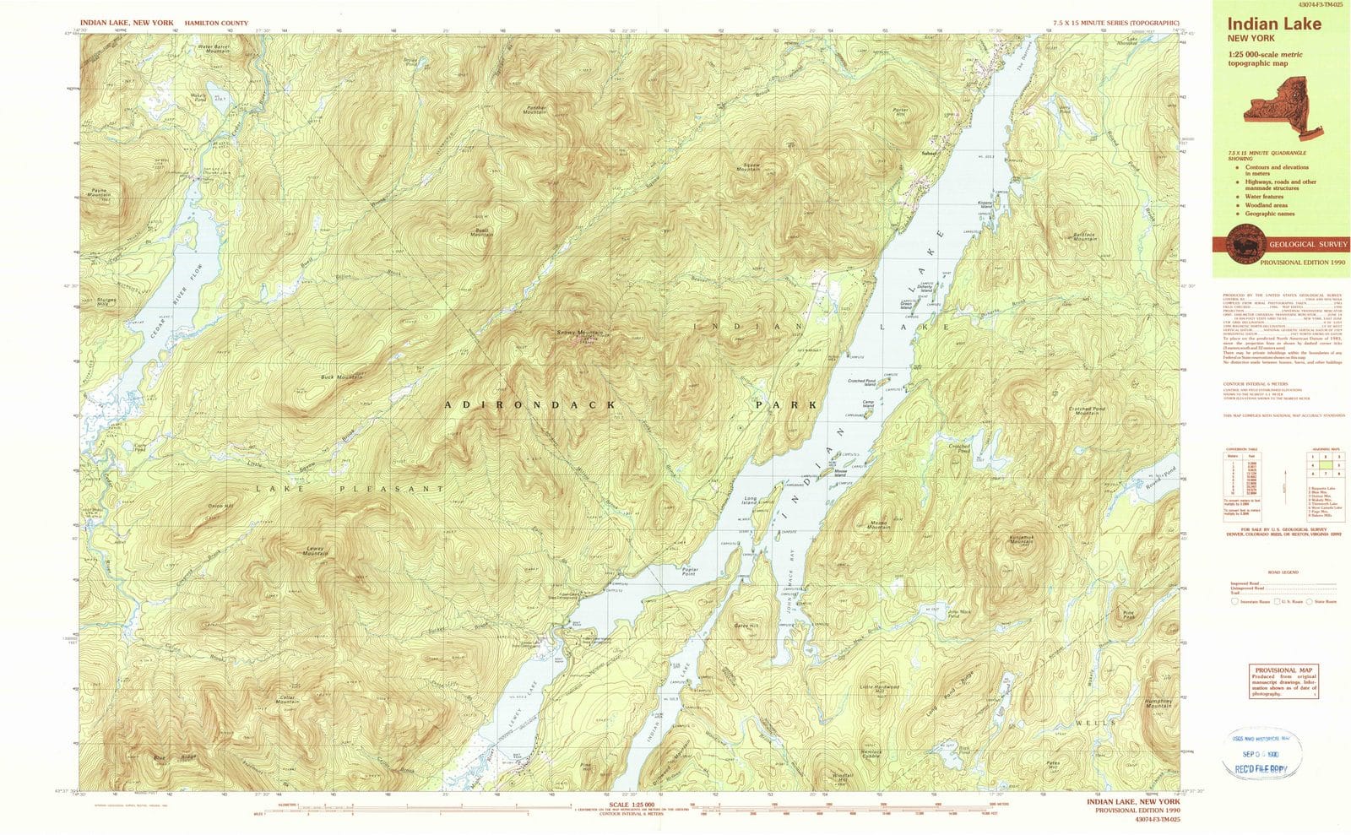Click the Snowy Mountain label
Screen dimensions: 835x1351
tap(579, 333)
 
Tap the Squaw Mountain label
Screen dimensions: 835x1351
tap(748, 166)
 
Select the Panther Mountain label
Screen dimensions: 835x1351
tap(535, 110)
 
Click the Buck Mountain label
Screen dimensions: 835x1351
tap(341, 377)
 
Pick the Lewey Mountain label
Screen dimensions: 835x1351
tap(316, 551)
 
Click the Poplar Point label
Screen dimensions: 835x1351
tap(690, 572)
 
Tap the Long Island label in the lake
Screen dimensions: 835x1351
tap(755, 500)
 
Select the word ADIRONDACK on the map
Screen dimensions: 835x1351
tap(531, 405)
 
